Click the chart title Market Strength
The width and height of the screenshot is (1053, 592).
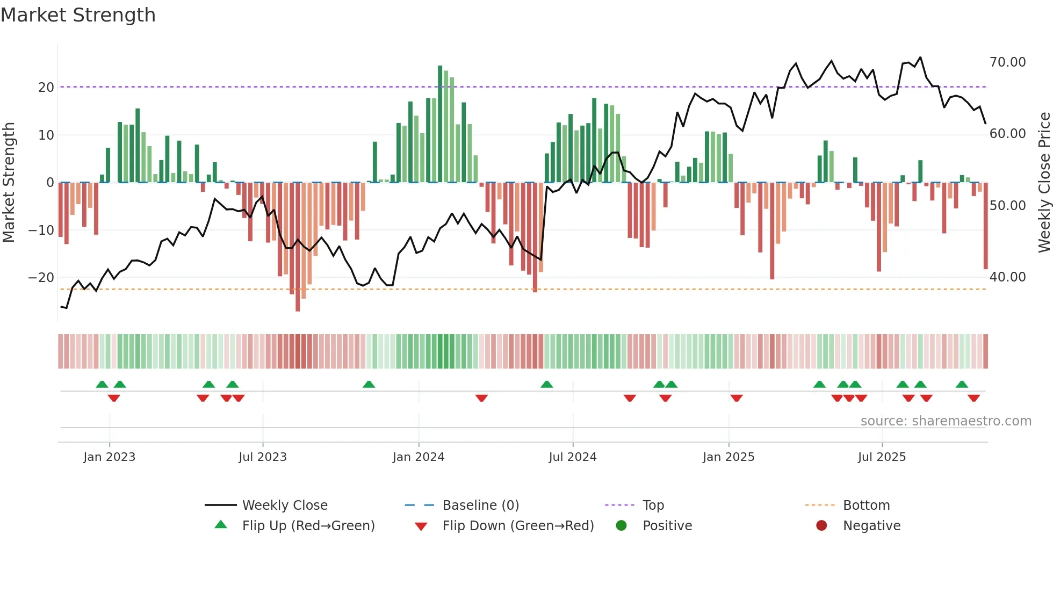pyautogui.click(x=78, y=15)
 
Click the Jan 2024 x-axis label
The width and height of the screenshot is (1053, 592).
pyautogui.click(x=419, y=457)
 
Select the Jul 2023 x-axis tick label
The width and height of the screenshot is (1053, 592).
pyautogui.click(x=263, y=457)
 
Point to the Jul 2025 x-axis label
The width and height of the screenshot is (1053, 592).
pyautogui.click(x=882, y=457)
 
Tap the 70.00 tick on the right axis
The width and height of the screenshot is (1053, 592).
pyautogui.click(x=1007, y=62)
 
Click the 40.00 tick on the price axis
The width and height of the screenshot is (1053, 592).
pyautogui.click(x=1007, y=277)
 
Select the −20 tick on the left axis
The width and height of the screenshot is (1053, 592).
pyautogui.click(x=41, y=278)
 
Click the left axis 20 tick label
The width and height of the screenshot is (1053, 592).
pyautogui.click(x=46, y=88)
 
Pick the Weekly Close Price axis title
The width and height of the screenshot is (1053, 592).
pyautogui.click(x=1044, y=183)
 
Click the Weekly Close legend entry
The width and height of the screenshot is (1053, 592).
pyautogui.click(x=285, y=506)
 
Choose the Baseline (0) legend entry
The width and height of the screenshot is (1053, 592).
pyautogui.click(x=480, y=506)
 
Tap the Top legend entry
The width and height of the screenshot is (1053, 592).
pyautogui.click(x=653, y=506)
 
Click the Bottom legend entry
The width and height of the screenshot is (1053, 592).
pyautogui.click(x=866, y=506)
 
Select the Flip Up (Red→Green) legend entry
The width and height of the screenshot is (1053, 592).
pyautogui.click(x=308, y=526)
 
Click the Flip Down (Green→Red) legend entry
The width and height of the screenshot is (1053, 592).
pyautogui.click(x=518, y=526)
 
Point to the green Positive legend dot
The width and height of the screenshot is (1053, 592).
pyautogui.click(x=621, y=526)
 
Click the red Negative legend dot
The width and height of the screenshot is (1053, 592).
pyautogui.click(x=821, y=526)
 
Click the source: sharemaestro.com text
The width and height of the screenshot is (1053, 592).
pyautogui.click(x=946, y=421)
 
